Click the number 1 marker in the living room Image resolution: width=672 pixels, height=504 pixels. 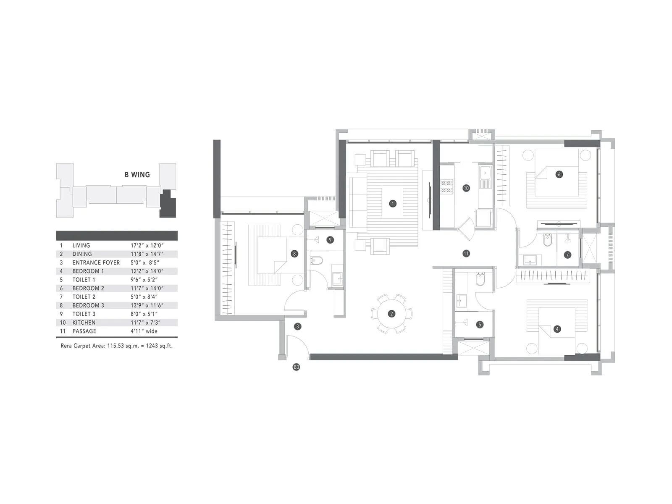click(x=393, y=204)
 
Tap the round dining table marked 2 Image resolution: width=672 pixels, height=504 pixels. click(x=391, y=314)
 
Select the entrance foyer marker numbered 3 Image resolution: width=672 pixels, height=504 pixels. click(x=297, y=326)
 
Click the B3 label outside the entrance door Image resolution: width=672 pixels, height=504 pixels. click(x=297, y=367)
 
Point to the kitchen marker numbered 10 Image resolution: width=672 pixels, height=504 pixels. click(x=466, y=188)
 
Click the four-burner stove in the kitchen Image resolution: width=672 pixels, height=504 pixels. click(x=446, y=186)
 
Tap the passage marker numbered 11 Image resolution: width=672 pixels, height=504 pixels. click(x=466, y=253)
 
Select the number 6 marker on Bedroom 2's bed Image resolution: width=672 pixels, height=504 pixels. click(x=559, y=174)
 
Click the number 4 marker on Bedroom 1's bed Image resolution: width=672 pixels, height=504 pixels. click(x=557, y=329)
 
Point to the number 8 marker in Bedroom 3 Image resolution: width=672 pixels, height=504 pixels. click(x=294, y=254)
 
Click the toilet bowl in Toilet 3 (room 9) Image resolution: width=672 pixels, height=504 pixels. click(x=316, y=260)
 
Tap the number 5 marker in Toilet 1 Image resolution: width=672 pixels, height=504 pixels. click(x=480, y=325)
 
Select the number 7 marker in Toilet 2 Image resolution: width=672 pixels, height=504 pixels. click(x=567, y=255)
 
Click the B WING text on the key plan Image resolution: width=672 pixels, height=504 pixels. click(x=137, y=175)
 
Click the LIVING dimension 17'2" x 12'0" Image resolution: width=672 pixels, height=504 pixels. click(x=147, y=245)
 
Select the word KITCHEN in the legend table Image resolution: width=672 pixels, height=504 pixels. click(x=84, y=323)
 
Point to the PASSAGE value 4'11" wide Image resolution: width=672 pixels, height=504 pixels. click(x=144, y=331)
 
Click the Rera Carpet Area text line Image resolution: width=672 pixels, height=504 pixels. click(x=117, y=346)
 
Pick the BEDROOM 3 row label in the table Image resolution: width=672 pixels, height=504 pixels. click(x=88, y=305)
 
